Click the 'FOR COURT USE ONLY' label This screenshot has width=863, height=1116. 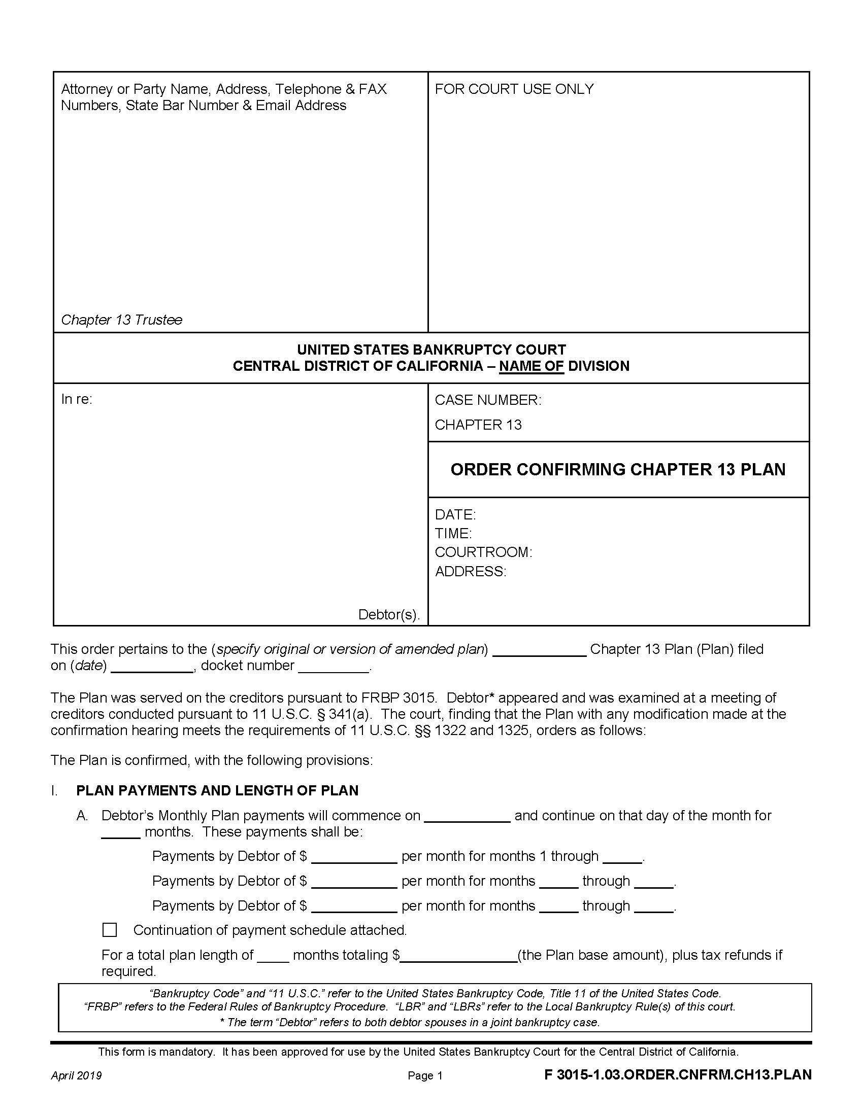(514, 89)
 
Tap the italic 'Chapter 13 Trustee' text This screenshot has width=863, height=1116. (121, 320)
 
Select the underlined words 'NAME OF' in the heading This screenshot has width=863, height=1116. (531, 366)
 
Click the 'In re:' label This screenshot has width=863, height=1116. (77, 399)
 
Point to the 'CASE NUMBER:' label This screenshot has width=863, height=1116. (488, 400)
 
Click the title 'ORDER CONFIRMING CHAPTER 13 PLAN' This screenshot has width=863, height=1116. (618, 470)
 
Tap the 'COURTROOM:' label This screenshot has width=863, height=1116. (483, 552)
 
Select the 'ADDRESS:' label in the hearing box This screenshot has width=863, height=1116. (471, 571)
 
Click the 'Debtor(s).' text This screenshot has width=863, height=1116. (388, 614)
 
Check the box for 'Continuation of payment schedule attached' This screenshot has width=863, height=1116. (110, 929)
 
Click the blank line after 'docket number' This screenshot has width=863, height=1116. (334, 667)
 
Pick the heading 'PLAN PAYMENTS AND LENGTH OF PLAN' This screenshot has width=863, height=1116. (217, 790)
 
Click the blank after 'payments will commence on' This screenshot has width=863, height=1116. (467, 816)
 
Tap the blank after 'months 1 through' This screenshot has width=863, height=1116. (622, 857)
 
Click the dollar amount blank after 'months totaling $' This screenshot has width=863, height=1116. (458, 956)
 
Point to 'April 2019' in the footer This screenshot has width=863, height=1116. (76, 1075)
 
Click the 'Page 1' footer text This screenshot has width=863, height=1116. (425, 1075)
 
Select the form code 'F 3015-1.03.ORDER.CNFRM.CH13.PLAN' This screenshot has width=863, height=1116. (677, 1074)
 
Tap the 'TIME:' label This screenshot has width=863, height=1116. (453, 534)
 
